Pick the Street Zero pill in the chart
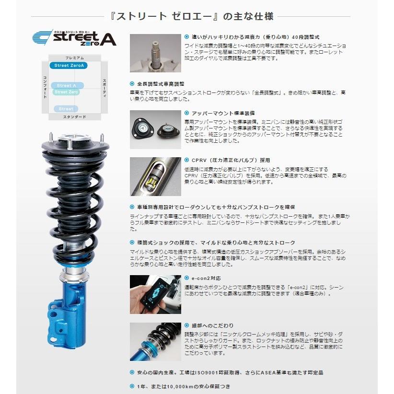(x=66, y=92)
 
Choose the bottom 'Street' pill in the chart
(x=66, y=109)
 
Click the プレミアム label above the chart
(x=74, y=57)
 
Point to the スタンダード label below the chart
(x=74, y=117)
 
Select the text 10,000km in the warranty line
(x=174, y=386)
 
